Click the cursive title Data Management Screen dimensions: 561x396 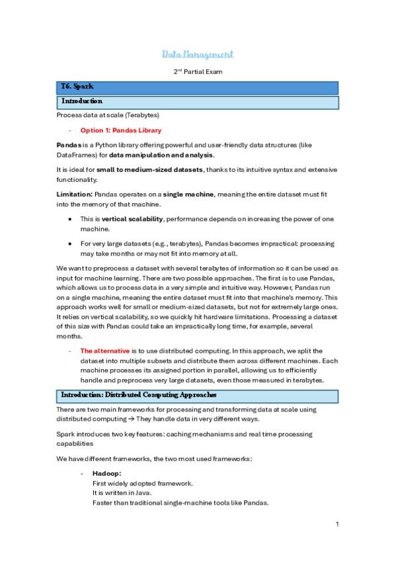tap(198, 54)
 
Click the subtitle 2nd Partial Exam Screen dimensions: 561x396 tap(198, 70)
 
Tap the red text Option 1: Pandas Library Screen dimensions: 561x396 tap(120, 130)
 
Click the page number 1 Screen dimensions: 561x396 tap(337, 524)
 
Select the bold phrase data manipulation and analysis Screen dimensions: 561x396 tap(161, 155)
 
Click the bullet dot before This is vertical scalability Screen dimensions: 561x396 tap(70, 218)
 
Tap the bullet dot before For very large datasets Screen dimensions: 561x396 tap(70, 243)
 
